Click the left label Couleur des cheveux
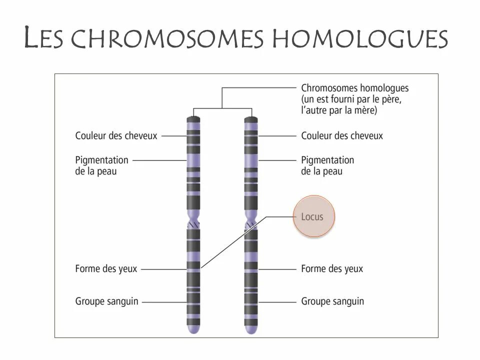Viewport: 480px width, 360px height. (x=116, y=135)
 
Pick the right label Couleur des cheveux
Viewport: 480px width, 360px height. (x=342, y=135)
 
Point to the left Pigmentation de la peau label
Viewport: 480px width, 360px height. (x=102, y=165)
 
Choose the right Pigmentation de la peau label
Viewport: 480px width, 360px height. (x=327, y=165)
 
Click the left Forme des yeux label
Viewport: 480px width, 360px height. (x=106, y=269)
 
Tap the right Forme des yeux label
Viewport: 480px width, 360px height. (x=332, y=269)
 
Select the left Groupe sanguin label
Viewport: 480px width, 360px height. (x=107, y=301)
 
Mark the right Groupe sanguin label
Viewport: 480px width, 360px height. (x=332, y=301)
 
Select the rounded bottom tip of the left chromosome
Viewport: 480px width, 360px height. (x=193, y=330)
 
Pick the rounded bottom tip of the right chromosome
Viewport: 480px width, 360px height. (x=250, y=330)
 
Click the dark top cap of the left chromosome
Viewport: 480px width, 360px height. (x=193, y=120)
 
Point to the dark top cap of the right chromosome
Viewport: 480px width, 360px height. (x=250, y=120)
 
